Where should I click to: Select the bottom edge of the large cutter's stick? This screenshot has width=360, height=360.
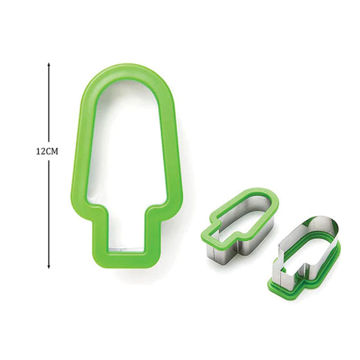point(126,255)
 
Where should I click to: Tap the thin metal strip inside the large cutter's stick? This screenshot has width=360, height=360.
point(126,248)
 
